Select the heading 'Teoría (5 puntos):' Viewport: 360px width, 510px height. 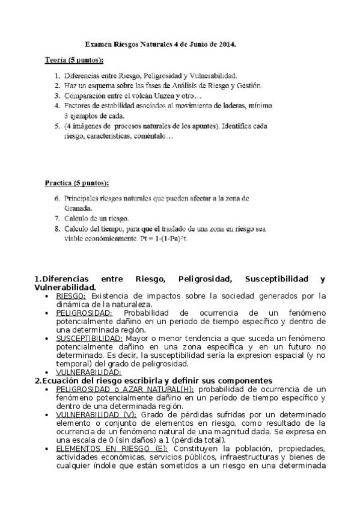point(75,60)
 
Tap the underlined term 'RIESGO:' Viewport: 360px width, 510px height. point(71,295)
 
